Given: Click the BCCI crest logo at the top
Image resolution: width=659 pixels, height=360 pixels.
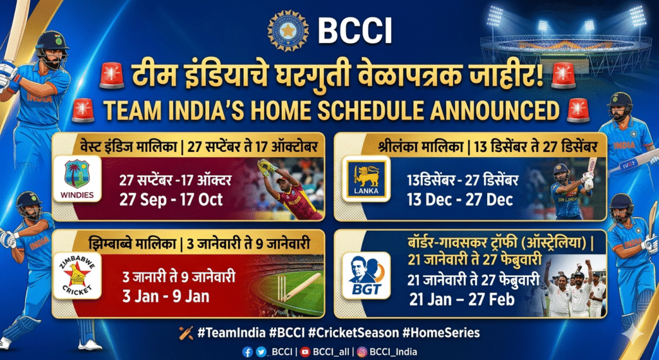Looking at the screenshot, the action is [288, 31].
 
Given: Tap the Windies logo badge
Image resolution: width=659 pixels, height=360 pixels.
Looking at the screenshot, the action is [77, 178].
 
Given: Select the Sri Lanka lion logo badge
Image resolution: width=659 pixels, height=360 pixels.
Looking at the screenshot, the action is [366, 178].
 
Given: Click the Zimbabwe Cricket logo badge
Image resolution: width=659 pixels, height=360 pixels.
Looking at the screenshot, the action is [77, 276].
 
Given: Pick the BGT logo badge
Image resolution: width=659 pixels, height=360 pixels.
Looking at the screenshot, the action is [366, 276].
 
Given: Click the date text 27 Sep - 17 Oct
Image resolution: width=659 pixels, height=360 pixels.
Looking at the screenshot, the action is [171, 200].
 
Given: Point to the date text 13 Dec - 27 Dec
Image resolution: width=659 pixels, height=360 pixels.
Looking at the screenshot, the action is [459, 200].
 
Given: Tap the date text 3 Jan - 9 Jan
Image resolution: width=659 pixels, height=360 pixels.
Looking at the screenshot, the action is [166, 296].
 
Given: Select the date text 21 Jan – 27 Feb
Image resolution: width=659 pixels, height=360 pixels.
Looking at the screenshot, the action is [462, 299].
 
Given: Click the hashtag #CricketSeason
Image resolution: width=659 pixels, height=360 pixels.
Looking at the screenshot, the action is [353, 333].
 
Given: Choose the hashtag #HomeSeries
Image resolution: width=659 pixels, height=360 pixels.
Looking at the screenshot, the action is [441, 333].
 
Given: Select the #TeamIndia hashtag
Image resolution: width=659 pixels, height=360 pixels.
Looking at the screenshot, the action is [231, 333].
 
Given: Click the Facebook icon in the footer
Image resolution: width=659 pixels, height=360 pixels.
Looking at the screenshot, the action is [248, 352].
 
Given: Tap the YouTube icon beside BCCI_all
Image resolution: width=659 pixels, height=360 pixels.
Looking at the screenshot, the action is [306, 352].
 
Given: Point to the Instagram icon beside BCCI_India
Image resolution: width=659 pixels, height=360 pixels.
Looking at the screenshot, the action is [362, 352].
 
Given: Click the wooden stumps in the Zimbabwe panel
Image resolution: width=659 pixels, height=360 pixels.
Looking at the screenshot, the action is [281, 289].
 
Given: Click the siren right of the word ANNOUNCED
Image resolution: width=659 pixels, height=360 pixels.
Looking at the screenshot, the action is [578, 109].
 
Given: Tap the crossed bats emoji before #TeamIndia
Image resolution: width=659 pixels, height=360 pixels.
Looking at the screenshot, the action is [186, 333].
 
